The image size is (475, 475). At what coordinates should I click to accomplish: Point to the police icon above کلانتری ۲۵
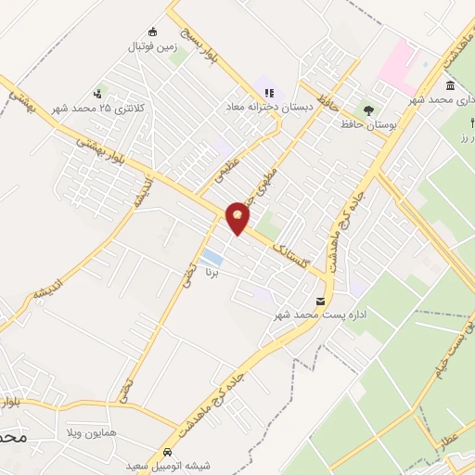point(98,93)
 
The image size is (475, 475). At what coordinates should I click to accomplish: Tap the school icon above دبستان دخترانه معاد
point(270,93)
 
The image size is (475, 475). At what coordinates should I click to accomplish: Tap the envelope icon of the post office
point(321,302)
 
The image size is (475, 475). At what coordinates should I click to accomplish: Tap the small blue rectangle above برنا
point(212,255)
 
